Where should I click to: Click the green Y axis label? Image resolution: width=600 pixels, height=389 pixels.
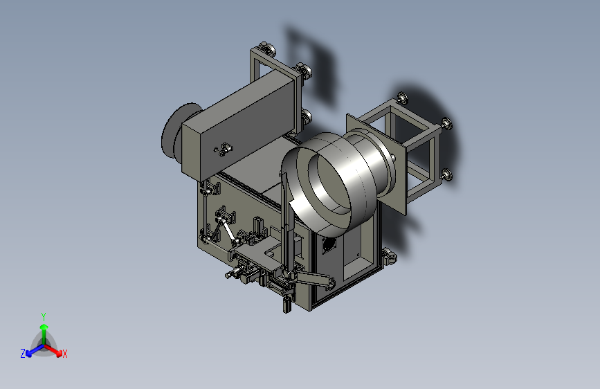[x=44, y=316]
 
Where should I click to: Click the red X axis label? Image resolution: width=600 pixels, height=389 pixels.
[x=64, y=354]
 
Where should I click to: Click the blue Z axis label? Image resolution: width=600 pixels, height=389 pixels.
[x=23, y=354]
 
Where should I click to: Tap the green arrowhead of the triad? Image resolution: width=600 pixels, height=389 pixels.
[x=44, y=327]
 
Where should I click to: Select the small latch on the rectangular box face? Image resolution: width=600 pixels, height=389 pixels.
[x=224, y=150]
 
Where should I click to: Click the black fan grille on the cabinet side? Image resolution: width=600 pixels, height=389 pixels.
[x=328, y=244]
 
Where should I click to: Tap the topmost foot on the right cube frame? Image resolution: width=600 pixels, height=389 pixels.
[x=403, y=98]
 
